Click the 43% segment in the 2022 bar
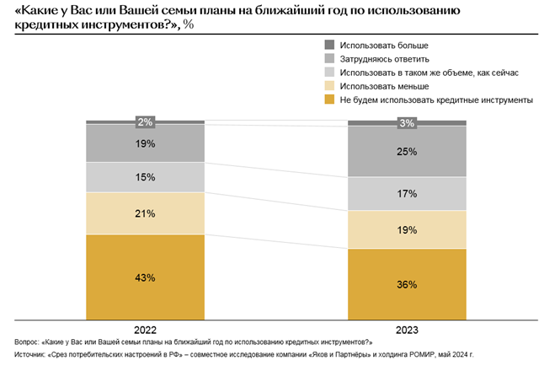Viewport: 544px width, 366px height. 146,277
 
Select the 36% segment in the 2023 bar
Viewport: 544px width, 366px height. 408,284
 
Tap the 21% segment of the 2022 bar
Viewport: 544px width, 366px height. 146,213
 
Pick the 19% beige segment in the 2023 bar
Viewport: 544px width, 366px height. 408,229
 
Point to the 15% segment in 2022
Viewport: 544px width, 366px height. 146,177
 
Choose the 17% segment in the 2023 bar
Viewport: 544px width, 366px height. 408,193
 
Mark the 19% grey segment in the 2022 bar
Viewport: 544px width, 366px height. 146,143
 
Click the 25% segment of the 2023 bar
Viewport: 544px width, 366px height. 408,152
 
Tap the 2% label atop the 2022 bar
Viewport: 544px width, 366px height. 145,122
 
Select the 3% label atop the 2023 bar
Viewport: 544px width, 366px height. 408,123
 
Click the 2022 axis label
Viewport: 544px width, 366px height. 145,330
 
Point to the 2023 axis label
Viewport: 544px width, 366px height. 408,330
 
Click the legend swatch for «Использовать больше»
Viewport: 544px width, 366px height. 329,44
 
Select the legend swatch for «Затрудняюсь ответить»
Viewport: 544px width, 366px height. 329,58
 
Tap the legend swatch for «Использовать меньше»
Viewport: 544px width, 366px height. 329,86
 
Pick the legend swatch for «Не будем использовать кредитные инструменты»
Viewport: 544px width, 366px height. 329,100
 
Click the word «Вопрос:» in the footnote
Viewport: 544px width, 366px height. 26,342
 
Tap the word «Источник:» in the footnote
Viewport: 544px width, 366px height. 29,356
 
